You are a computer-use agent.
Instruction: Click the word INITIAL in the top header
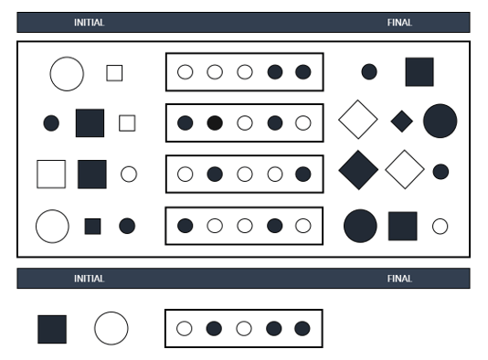[x=89, y=23]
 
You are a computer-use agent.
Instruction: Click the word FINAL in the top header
[x=399, y=23]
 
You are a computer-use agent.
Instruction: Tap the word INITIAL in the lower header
[x=89, y=279]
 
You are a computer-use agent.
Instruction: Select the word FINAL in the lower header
[x=399, y=279]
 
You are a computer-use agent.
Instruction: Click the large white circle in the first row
[x=67, y=73]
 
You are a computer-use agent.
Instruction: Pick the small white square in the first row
[x=114, y=73]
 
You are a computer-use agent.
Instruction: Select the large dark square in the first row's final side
[x=419, y=72]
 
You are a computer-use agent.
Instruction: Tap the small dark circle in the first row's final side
[x=369, y=72]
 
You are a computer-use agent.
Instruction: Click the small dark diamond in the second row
[x=402, y=121]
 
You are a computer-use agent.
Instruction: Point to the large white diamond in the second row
[x=358, y=120]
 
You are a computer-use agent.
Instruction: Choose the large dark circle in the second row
[x=440, y=121]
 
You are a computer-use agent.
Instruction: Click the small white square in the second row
[x=127, y=122]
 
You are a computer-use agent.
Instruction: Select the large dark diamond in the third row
[x=358, y=170]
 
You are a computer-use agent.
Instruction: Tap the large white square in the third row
[x=51, y=174]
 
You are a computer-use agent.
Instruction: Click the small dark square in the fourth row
[x=92, y=226]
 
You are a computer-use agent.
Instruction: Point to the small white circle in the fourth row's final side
[x=440, y=227]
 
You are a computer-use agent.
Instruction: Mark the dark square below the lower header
[x=52, y=329]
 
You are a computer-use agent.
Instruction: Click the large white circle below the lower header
[x=111, y=328]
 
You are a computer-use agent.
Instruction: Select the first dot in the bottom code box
[x=185, y=329]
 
